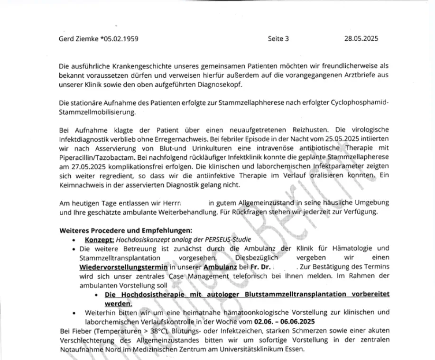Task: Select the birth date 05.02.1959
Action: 120,39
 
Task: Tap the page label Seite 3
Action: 278,39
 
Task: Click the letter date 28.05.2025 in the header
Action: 361,39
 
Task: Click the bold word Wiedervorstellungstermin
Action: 123,268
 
